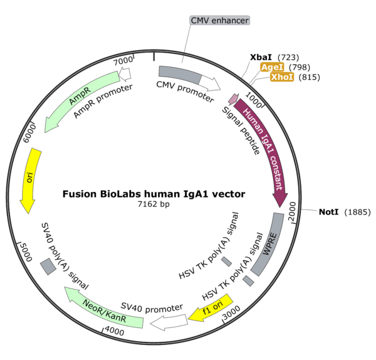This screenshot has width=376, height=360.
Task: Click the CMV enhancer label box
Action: [x=220, y=21]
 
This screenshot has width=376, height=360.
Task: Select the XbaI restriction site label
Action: [x=261, y=57]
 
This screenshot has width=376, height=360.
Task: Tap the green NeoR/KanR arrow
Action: [x=103, y=308]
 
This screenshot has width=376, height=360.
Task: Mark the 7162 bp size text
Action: [x=154, y=204]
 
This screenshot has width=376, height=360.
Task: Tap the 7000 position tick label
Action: [x=122, y=60]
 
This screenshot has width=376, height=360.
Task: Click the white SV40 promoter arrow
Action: [x=166, y=322]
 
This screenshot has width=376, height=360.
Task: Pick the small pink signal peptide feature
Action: [x=233, y=98]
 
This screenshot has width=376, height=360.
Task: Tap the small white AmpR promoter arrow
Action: [x=125, y=74]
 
